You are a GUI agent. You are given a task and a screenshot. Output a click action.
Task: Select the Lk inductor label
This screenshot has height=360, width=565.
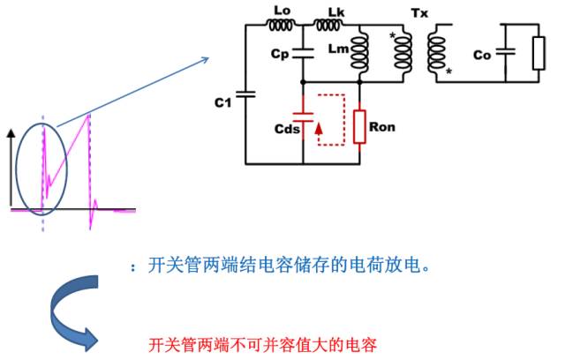pos(336,11)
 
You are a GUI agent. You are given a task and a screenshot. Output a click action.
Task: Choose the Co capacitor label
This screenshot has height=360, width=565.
pos(482,56)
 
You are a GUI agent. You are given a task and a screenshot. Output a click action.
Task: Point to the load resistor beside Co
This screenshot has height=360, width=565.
pos(539,54)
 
